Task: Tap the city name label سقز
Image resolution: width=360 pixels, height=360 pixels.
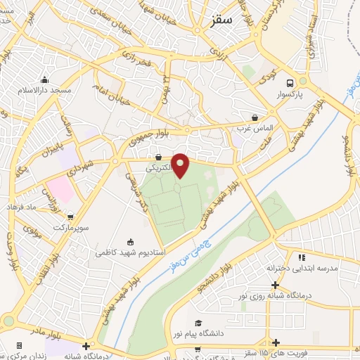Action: click(x=221, y=20)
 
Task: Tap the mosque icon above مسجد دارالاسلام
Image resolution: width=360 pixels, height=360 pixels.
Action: click(x=45, y=80)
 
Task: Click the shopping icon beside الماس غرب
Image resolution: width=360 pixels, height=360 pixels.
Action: click(x=255, y=118)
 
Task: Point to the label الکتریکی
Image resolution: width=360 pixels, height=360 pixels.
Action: click(x=158, y=169)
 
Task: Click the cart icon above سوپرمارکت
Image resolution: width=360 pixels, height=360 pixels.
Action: click(x=71, y=217)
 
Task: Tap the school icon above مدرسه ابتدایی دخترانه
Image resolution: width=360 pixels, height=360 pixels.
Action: click(x=301, y=257)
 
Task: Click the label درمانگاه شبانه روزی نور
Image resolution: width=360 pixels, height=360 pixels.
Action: click(x=274, y=296)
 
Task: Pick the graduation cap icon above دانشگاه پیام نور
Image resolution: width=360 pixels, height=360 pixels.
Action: click(x=198, y=323)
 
